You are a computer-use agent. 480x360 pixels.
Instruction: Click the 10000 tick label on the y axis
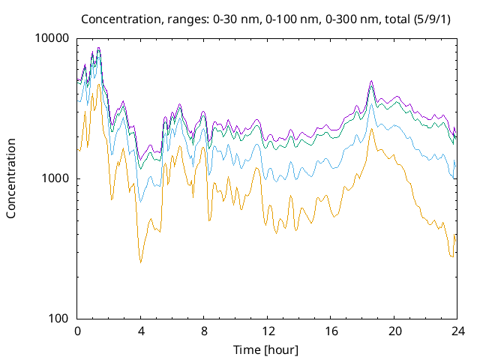52,39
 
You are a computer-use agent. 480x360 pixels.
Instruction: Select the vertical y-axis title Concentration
11,178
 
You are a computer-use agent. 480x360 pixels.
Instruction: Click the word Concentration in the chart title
115,18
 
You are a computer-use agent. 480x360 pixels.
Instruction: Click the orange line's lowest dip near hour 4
140,262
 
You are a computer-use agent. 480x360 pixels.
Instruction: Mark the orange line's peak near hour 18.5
371,129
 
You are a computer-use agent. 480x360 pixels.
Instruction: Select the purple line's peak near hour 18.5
371,81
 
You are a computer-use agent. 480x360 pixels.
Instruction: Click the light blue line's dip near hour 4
140,200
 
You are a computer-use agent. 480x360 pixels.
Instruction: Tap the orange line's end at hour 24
455,235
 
